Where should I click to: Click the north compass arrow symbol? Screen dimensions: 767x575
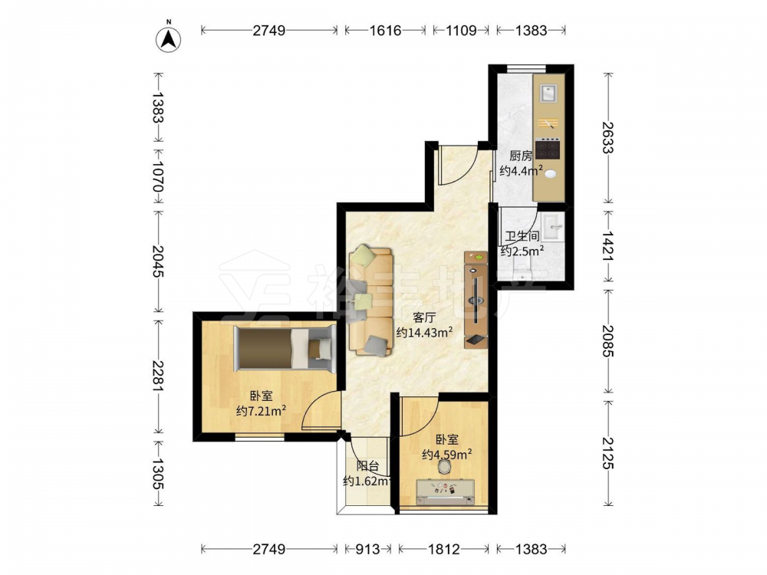[x=168, y=38]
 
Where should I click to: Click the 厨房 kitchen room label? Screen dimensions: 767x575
[x=521, y=156]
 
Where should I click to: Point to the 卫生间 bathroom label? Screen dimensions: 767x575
[x=522, y=237]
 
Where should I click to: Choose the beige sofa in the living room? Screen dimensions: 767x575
[x=370, y=301]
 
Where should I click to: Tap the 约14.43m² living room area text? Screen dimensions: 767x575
[x=424, y=333]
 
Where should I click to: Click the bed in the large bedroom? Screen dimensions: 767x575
[x=285, y=349]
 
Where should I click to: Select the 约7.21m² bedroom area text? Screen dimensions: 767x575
[x=262, y=411]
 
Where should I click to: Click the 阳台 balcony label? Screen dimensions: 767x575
[x=367, y=466]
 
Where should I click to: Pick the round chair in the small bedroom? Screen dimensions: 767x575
[x=443, y=467]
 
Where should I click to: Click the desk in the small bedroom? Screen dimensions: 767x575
[x=445, y=492]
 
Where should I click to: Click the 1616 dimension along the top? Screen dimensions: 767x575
[x=385, y=31]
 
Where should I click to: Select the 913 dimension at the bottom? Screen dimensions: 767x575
[x=367, y=549]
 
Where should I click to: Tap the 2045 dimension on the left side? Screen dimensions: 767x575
[x=158, y=261]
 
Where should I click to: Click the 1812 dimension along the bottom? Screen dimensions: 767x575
[x=444, y=549]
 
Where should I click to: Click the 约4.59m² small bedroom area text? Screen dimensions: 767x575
[x=447, y=455]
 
